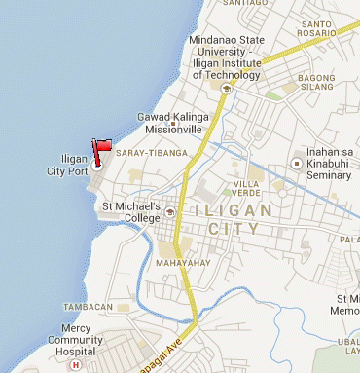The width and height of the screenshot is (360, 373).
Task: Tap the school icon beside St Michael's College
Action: (x=169, y=211)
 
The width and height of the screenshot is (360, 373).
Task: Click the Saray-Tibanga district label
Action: (x=145, y=153)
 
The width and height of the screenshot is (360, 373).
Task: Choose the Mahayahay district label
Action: (x=178, y=261)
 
